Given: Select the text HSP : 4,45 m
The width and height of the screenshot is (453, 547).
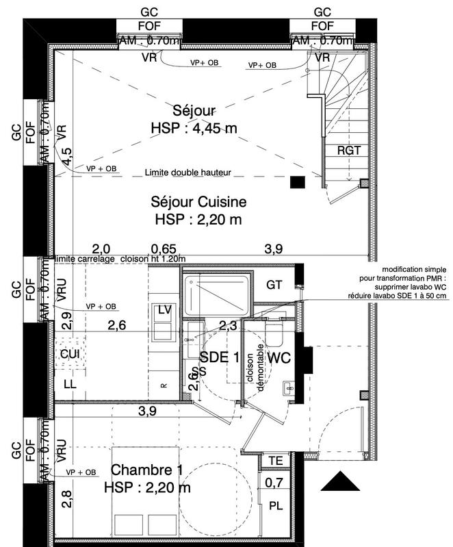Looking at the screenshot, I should (194, 128).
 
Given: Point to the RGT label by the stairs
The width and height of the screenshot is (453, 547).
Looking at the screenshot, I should (348, 151).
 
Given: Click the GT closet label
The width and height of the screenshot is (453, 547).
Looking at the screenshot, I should (274, 285).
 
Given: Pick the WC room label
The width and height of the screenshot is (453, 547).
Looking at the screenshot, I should (279, 357).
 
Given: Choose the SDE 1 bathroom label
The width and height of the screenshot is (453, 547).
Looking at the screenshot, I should (220, 357).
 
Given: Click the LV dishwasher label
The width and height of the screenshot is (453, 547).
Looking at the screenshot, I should (164, 310).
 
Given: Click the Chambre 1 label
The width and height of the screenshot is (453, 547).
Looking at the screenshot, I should (147, 470).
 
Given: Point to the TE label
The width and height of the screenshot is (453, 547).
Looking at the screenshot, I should (276, 460).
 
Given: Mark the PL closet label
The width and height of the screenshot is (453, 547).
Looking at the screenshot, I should (276, 507).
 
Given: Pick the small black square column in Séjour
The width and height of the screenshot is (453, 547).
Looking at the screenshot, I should (297, 182).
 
